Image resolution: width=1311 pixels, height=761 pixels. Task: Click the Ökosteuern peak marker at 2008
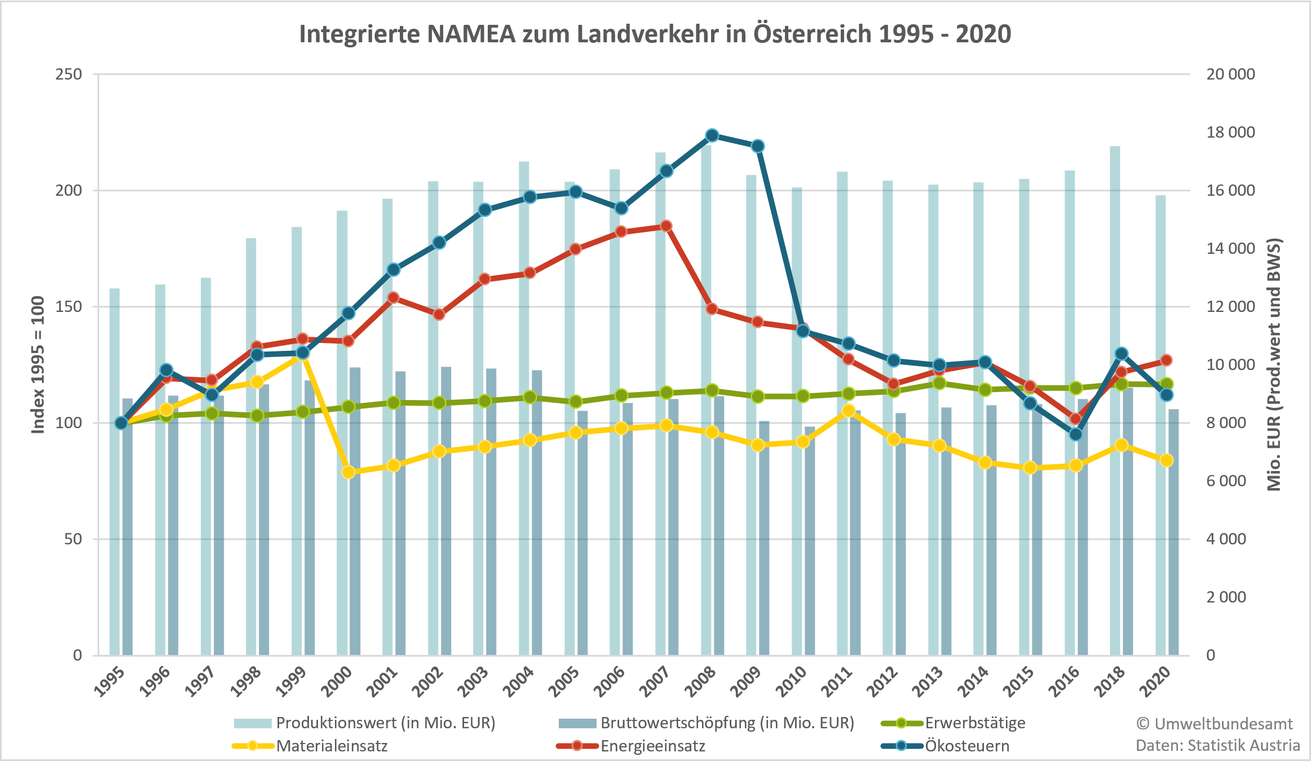[x=712, y=135]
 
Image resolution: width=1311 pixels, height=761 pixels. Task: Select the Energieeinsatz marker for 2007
[x=666, y=226]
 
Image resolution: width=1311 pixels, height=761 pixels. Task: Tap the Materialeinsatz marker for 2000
[x=348, y=472]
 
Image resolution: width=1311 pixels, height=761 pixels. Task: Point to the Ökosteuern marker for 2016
[x=1075, y=434]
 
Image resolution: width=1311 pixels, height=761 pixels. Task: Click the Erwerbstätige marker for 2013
[x=939, y=383]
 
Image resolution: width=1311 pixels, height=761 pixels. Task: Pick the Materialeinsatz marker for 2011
[x=848, y=411]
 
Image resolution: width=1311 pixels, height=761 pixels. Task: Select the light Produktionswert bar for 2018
[x=1115, y=395]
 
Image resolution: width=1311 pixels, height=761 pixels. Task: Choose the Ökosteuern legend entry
[x=966, y=746]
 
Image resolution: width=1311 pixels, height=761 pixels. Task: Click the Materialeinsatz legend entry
[x=332, y=746]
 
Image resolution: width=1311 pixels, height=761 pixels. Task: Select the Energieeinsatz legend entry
[x=652, y=746]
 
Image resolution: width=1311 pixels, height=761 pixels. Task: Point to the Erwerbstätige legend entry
[x=974, y=723]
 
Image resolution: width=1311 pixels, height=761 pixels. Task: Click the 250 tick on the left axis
[x=69, y=74]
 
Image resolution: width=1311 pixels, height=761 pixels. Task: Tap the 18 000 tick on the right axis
[x=1230, y=133]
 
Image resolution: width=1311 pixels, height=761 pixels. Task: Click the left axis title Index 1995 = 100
[x=38, y=364]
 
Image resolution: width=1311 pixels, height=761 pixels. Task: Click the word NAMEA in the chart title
[x=471, y=34]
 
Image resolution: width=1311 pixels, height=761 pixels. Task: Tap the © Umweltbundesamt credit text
[x=1214, y=724]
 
